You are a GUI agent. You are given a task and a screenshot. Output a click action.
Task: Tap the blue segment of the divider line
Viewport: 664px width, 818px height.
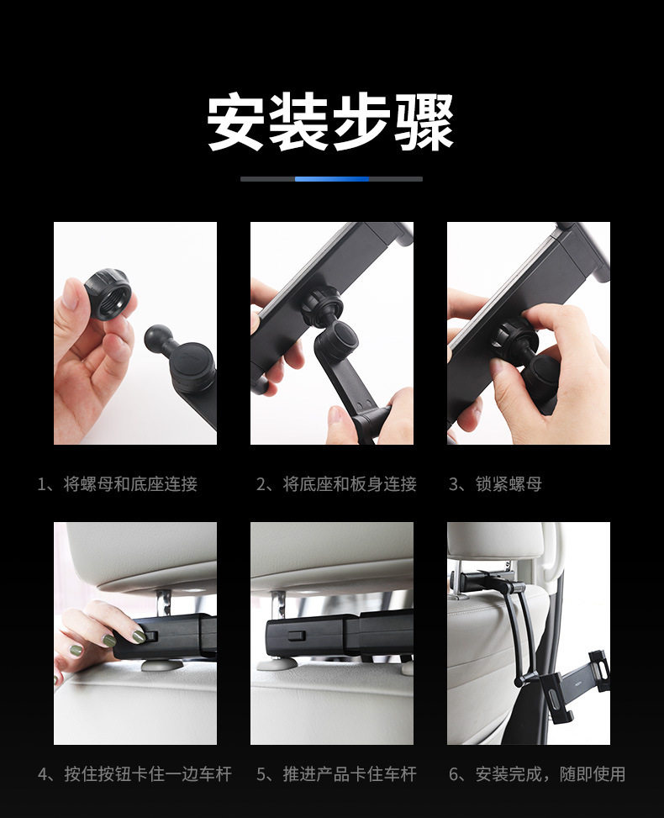[332, 179]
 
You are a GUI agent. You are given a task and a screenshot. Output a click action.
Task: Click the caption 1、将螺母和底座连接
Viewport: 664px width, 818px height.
[118, 484]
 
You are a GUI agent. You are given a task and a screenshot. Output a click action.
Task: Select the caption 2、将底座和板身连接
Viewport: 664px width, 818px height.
[336, 484]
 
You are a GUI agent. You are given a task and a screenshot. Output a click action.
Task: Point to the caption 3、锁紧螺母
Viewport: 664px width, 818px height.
[496, 484]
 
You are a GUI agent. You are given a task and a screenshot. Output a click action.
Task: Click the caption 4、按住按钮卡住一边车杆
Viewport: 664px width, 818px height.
[134, 773]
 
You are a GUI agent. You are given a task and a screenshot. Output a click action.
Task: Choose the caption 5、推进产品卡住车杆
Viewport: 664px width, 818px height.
[336, 773]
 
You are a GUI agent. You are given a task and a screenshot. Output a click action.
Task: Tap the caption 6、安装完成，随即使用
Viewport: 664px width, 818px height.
[537, 773]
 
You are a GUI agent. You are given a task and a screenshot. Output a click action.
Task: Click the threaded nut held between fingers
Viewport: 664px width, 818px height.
[108, 293]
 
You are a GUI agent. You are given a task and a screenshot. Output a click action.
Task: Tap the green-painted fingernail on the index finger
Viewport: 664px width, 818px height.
[138, 636]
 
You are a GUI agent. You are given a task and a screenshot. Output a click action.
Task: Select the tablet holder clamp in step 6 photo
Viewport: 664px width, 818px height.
[574, 678]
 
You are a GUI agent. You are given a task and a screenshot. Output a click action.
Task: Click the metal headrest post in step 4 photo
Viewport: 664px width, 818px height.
[164, 605]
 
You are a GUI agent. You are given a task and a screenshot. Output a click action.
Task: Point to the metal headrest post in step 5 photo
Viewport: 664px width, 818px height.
[278, 606]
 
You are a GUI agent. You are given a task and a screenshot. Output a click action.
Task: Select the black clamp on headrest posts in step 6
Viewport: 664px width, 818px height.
[487, 581]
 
